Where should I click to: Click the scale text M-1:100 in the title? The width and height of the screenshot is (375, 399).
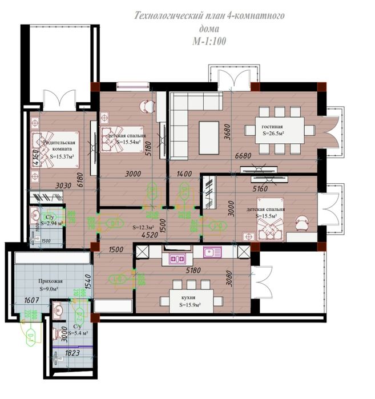coord(209,41)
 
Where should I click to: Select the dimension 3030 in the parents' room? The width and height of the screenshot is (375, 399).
coord(63,185)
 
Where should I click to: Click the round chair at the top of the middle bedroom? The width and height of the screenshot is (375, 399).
coord(147,105)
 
